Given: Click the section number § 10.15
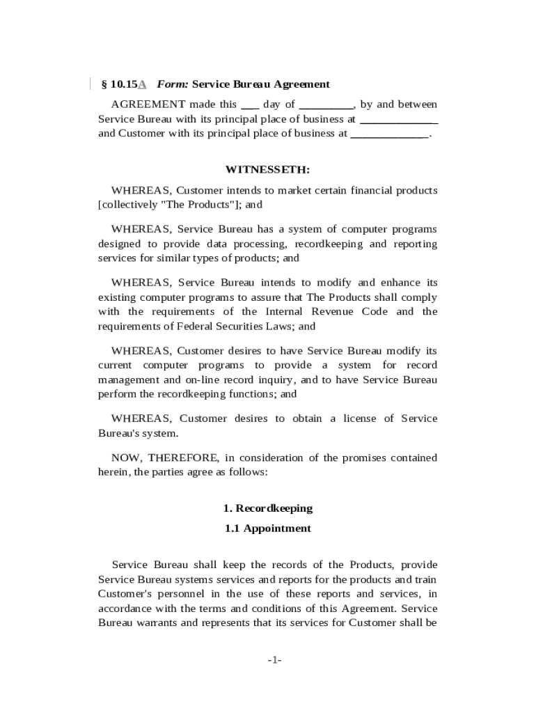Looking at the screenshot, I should pyautogui.click(x=119, y=84).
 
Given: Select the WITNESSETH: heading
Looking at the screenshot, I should pyautogui.click(x=268, y=170).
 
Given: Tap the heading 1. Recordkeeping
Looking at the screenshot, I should pyautogui.click(x=268, y=508).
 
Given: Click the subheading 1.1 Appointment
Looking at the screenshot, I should pyautogui.click(x=268, y=528).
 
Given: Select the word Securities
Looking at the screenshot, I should pyautogui.click(x=227, y=326).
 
